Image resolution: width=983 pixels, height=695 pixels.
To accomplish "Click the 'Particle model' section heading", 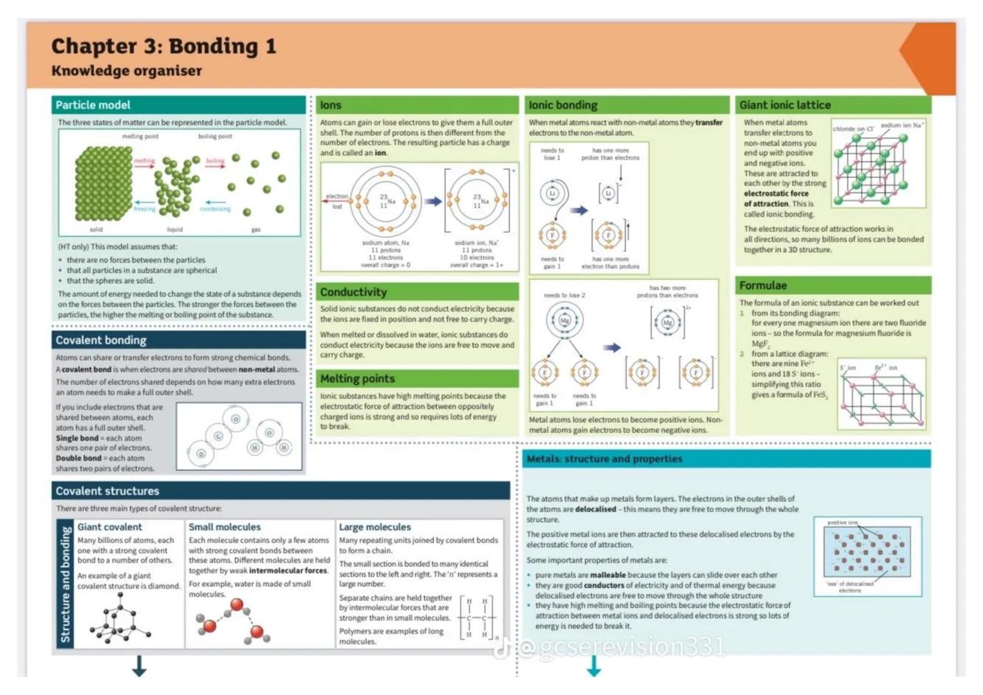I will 93,105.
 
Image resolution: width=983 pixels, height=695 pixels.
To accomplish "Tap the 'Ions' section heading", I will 331,105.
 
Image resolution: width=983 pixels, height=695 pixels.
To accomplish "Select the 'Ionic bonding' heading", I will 563,105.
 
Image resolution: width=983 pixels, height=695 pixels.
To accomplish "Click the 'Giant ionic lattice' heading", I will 785,105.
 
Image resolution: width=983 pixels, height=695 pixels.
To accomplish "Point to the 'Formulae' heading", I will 763,285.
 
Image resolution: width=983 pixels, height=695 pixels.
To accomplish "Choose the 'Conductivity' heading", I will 353,292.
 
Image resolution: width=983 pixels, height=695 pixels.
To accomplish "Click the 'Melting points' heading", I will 358,379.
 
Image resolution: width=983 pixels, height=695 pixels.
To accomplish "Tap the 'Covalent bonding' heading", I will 101,340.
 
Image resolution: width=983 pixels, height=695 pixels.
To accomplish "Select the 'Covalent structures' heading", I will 107,491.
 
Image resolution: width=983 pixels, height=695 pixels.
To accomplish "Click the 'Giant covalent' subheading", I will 109,527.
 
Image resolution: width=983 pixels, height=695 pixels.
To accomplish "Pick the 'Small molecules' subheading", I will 225,527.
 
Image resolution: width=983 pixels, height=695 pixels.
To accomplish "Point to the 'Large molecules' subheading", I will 374,527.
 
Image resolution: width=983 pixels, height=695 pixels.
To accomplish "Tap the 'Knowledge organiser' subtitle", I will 127,71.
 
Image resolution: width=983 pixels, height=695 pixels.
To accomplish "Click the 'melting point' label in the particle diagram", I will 140,136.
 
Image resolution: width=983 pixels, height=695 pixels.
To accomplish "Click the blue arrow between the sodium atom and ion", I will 433,201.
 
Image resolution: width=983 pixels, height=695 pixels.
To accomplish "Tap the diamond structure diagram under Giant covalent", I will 120,618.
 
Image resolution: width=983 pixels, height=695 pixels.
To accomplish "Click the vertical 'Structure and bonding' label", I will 65,584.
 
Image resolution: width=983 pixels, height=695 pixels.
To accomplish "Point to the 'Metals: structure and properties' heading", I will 604,459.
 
